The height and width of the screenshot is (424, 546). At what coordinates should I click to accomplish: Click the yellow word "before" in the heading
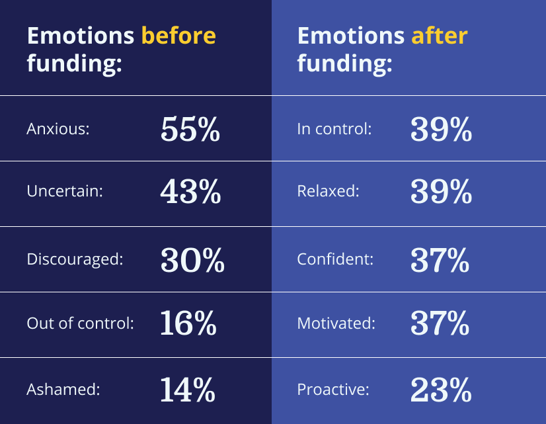tap(178, 35)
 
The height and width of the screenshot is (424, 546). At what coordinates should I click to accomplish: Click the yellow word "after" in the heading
tap(439, 35)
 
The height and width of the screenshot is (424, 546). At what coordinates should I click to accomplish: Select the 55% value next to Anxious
tap(190, 129)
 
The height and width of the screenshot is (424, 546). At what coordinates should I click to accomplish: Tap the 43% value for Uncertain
tap(190, 192)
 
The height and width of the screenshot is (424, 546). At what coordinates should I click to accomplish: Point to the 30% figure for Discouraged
tap(192, 259)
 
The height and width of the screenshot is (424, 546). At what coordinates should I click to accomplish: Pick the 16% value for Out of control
tap(188, 323)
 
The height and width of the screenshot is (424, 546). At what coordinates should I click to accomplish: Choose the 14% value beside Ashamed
tap(188, 390)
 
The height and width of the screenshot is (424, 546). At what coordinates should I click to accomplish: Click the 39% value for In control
tap(441, 129)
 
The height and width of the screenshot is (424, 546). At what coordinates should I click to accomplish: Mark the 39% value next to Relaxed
tap(441, 192)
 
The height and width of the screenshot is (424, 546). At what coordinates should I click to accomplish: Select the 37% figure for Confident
tap(440, 259)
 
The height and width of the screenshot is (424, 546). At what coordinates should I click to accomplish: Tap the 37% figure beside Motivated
tap(440, 323)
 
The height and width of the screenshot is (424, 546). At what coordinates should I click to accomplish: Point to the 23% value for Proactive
tap(441, 390)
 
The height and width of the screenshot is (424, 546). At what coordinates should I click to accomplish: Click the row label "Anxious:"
tap(58, 129)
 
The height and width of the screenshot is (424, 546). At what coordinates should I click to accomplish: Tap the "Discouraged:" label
tap(75, 259)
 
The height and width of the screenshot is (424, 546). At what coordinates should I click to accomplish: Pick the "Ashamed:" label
tap(63, 390)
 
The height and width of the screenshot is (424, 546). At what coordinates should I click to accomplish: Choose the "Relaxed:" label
tap(329, 192)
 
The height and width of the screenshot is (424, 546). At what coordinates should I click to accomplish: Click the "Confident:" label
tap(336, 259)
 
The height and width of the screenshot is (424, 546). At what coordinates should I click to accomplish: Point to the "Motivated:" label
tap(336, 323)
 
